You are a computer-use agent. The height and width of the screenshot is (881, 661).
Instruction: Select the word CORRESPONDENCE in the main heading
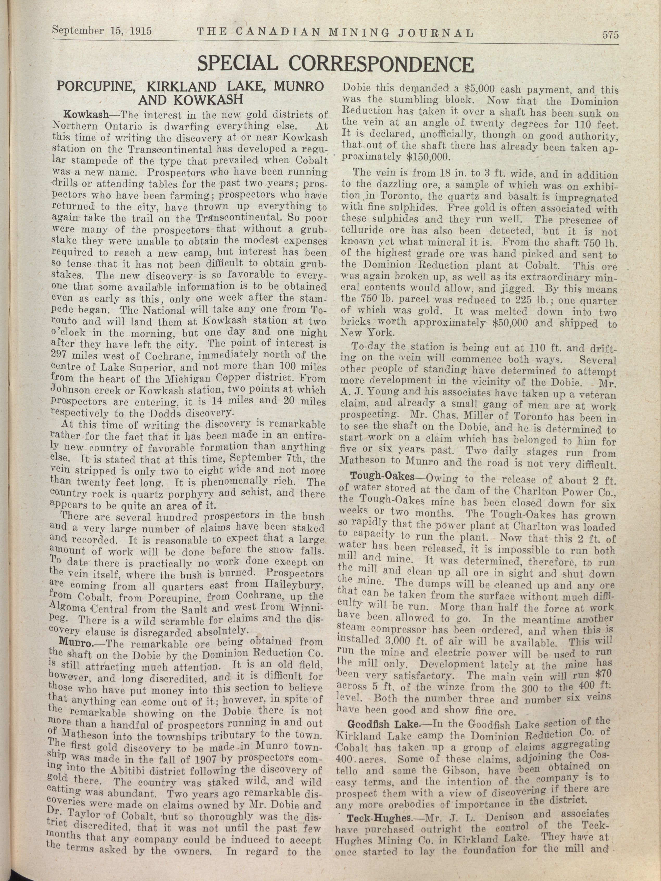(381, 64)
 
